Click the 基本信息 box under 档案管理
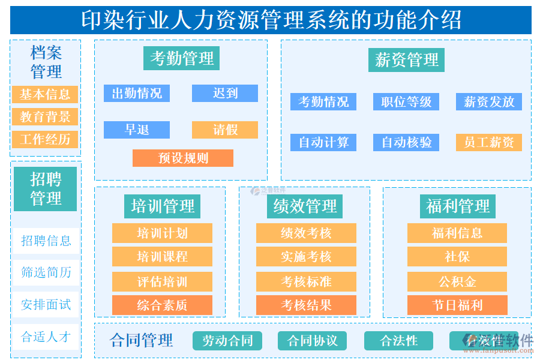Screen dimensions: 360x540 click(x=45, y=94)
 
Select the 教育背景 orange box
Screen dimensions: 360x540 click(x=45, y=117)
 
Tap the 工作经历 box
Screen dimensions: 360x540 click(x=45, y=140)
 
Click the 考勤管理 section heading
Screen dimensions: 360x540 click(x=181, y=59)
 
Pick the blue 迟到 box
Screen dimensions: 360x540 click(x=225, y=94)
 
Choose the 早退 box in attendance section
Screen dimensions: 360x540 click(x=137, y=130)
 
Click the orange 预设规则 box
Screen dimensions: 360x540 click(x=183, y=158)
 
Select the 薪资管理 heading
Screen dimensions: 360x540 click(x=406, y=60)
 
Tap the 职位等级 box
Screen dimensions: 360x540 click(x=406, y=102)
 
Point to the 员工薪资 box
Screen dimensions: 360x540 click(x=489, y=143)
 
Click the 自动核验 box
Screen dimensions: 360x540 click(x=406, y=143)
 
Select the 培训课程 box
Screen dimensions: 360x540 click(x=162, y=257)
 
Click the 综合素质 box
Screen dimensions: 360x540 click(x=162, y=305)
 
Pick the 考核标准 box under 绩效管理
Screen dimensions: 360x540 click(x=306, y=281)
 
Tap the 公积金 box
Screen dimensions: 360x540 click(x=457, y=281)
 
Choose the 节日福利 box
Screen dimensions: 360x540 click(x=457, y=305)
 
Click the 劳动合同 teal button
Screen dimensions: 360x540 click(x=227, y=341)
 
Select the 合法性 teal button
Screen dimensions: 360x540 click(x=398, y=341)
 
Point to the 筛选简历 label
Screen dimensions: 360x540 click(x=46, y=272)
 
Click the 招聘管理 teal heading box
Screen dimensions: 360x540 click(x=46, y=188)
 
